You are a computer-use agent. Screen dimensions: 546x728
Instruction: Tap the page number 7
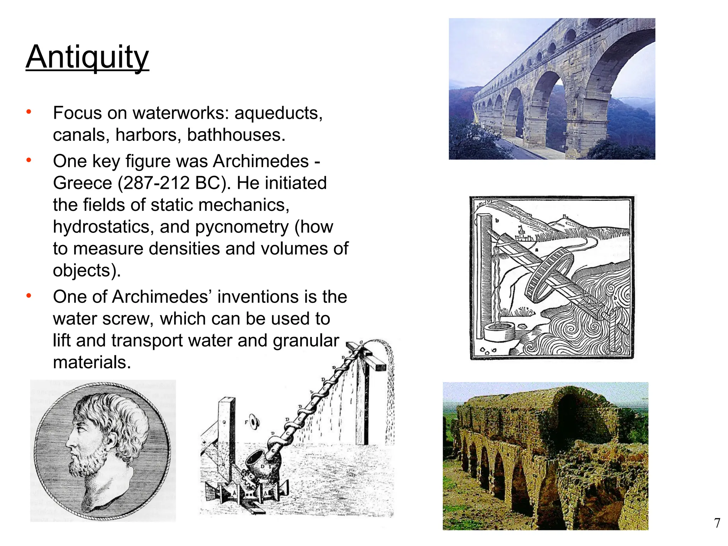pos(717,523)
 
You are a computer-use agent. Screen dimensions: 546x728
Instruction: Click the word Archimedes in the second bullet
pos(261,161)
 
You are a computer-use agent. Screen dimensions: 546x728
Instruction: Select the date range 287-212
pos(154,183)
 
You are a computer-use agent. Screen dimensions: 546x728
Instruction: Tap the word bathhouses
pos(236,135)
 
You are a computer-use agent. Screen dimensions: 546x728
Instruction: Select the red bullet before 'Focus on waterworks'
pos(29,112)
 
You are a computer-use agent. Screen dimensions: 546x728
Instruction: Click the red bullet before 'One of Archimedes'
pos(29,296)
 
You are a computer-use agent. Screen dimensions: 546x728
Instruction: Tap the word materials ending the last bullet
pos(92,363)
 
